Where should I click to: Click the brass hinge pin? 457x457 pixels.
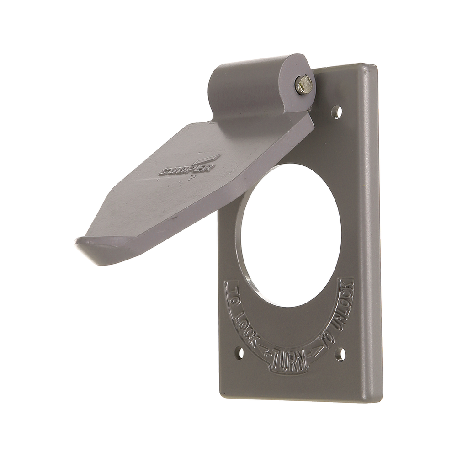point(304,85)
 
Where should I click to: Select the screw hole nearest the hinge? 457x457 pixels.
point(337,112)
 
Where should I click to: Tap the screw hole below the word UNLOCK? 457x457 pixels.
point(341,354)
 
